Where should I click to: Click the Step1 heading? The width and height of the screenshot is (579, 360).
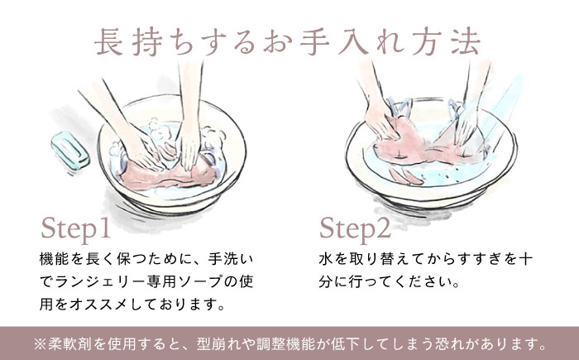76,229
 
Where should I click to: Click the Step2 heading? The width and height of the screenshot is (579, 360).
355,229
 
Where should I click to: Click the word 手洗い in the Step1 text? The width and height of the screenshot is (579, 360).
231,259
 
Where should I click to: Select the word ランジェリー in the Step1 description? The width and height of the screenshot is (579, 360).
100,281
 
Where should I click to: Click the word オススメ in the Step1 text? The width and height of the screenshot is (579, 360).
99,305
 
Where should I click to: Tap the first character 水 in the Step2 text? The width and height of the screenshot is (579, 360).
326,259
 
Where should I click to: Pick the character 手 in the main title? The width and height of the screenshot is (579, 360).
314,42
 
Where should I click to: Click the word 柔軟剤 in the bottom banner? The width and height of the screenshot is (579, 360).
70,344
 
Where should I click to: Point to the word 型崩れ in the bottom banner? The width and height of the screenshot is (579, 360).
218,344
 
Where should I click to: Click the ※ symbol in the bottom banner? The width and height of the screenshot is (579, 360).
40,344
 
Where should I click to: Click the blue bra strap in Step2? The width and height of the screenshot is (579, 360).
400,108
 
